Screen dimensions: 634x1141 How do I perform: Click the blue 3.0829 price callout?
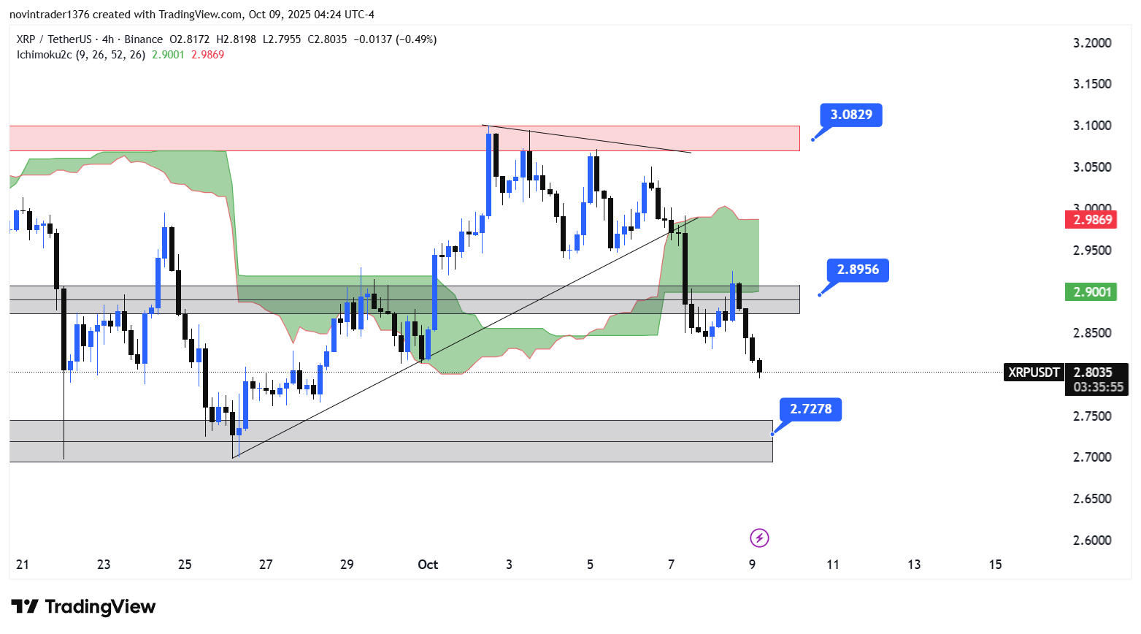851,115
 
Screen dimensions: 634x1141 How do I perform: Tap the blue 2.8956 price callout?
858,270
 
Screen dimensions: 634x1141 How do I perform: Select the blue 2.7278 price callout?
810,409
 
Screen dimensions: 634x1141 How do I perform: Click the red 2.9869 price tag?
1092,219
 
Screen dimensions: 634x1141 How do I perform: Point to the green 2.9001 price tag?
1092,292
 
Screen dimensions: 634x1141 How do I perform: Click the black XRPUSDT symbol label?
1034,373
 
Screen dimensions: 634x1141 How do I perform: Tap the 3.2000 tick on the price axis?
1092,43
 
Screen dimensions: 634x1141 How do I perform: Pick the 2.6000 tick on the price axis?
1092,541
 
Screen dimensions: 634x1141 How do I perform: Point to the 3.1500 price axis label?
1092,84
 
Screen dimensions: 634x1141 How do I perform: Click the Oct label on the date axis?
428,565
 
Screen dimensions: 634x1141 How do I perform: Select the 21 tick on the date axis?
23,565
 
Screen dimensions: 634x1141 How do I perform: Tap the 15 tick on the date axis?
995,565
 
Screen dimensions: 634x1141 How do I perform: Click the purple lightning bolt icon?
759,538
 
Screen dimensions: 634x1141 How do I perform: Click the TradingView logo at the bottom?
83,607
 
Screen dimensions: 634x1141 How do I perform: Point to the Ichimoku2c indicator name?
44,55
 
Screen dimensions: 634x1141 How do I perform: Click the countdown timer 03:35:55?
1098,387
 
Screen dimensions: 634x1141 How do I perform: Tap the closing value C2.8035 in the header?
327,39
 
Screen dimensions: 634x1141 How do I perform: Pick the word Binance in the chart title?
143,39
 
